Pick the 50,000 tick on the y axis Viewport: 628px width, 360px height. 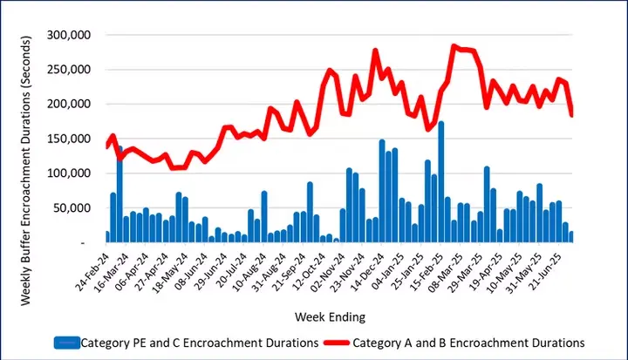[78, 207]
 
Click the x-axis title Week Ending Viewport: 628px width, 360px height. [329, 315]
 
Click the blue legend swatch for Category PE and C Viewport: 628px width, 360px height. [66, 342]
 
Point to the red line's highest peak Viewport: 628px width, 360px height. [454, 46]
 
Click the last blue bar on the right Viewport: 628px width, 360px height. [570, 236]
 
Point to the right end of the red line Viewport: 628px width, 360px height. [571, 114]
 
